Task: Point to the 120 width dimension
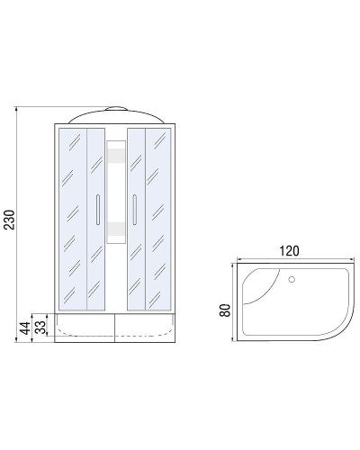[290, 250]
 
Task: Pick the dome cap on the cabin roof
[116, 112]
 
